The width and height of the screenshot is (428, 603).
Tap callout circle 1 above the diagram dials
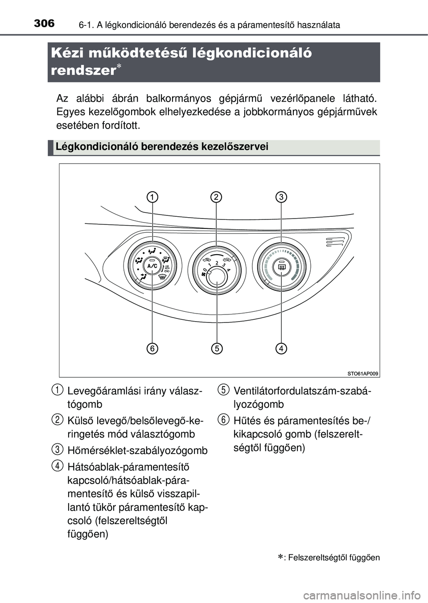[152, 197]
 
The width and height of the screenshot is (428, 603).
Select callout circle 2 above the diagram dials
[216, 197]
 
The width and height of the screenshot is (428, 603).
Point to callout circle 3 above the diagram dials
[281, 197]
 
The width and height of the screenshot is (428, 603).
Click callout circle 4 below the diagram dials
[281, 348]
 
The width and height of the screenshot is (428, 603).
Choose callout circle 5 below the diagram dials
[217, 348]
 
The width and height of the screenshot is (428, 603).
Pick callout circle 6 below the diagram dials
[152, 348]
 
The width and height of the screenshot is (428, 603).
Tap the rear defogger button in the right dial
[281, 267]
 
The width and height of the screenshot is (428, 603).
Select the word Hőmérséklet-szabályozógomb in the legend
[137, 450]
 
